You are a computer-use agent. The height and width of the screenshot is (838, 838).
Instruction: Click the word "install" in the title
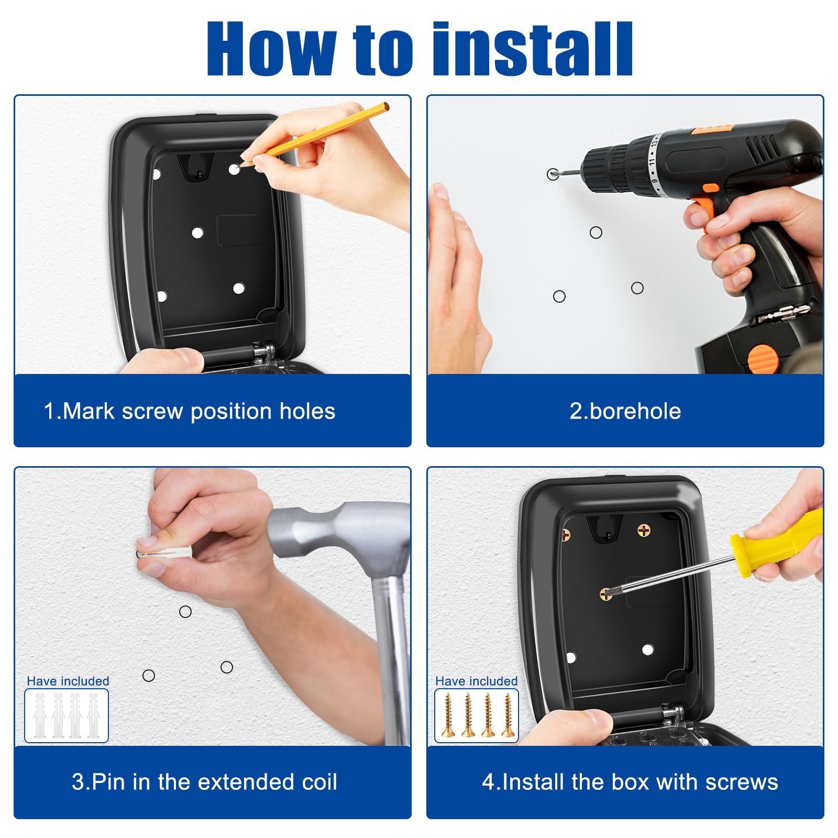point(533,49)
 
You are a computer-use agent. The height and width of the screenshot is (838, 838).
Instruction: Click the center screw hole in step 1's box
point(197,233)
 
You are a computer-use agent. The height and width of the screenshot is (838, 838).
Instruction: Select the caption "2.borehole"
point(625,411)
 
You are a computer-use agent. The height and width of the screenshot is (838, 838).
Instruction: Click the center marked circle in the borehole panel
point(596,233)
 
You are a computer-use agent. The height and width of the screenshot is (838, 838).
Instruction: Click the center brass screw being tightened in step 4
point(605,594)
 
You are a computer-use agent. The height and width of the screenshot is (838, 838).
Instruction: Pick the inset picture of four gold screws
point(477,715)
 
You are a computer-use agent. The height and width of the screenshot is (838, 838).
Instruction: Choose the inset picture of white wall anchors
point(67,715)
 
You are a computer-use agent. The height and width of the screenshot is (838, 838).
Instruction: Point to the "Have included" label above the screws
point(477,681)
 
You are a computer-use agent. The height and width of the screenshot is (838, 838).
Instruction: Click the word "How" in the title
point(271,49)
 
